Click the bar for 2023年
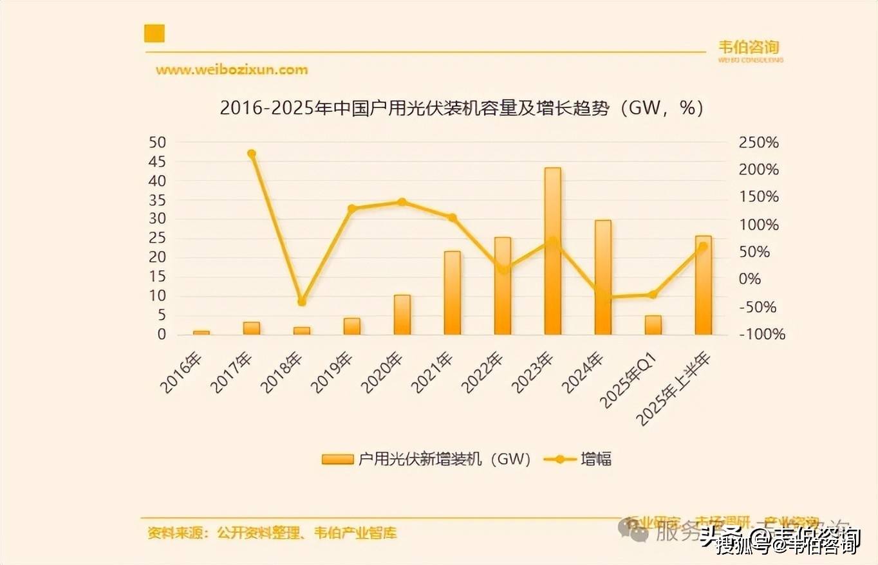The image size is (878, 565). point(552,251)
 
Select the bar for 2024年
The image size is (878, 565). point(602,277)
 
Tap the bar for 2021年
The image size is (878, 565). point(453,293)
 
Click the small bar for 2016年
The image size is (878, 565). point(201,332)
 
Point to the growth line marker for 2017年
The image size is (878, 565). point(252,154)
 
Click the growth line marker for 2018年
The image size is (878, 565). point(302,302)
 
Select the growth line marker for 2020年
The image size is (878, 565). point(402,202)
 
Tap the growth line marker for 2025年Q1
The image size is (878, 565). point(653,295)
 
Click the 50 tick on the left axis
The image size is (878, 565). point(157,142)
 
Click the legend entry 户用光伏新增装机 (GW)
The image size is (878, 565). point(427,459)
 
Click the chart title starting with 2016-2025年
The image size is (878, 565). point(462,108)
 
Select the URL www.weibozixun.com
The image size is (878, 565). point(232,69)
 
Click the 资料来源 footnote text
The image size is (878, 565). point(272,533)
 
